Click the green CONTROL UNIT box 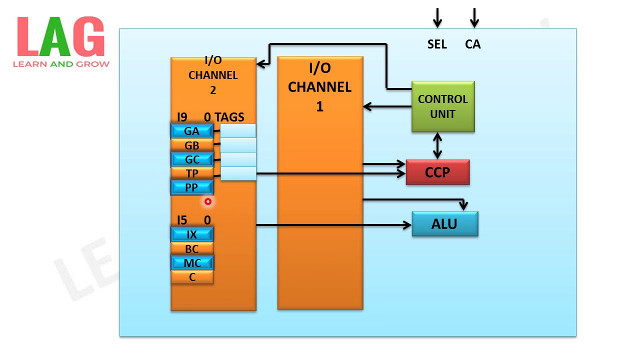[x=442, y=106]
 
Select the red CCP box [x=437, y=172]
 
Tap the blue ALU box [x=444, y=224]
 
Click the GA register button [x=192, y=131]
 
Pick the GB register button [x=192, y=145]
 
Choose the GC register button [x=192, y=159]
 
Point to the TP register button [x=192, y=173]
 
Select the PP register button [x=192, y=187]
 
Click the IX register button [x=192, y=234]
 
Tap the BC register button [x=192, y=248]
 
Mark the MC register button [x=192, y=262]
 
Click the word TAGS [x=229, y=117]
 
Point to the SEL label [x=437, y=44]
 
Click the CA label [x=472, y=44]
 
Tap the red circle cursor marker [x=208, y=201]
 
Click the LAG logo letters [x=60, y=37]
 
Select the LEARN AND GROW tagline [x=61, y=64]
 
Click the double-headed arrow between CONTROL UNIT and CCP [x=437, y=146]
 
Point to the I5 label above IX [x=182, y=220]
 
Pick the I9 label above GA [x=182, y=117]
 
